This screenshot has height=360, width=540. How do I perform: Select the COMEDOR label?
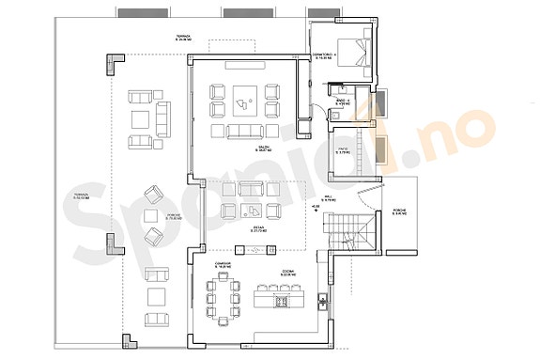click(223, 265)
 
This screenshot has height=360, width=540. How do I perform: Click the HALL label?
click(329, 197)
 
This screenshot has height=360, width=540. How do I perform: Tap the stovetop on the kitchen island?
click(281, 302)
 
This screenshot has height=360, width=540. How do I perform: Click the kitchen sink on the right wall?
click(322, 302)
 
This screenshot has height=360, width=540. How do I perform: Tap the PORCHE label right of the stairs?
click(398, 213)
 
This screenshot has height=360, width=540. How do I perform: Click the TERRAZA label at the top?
click(183, 39)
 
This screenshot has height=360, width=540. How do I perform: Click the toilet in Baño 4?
click(330, 112)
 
